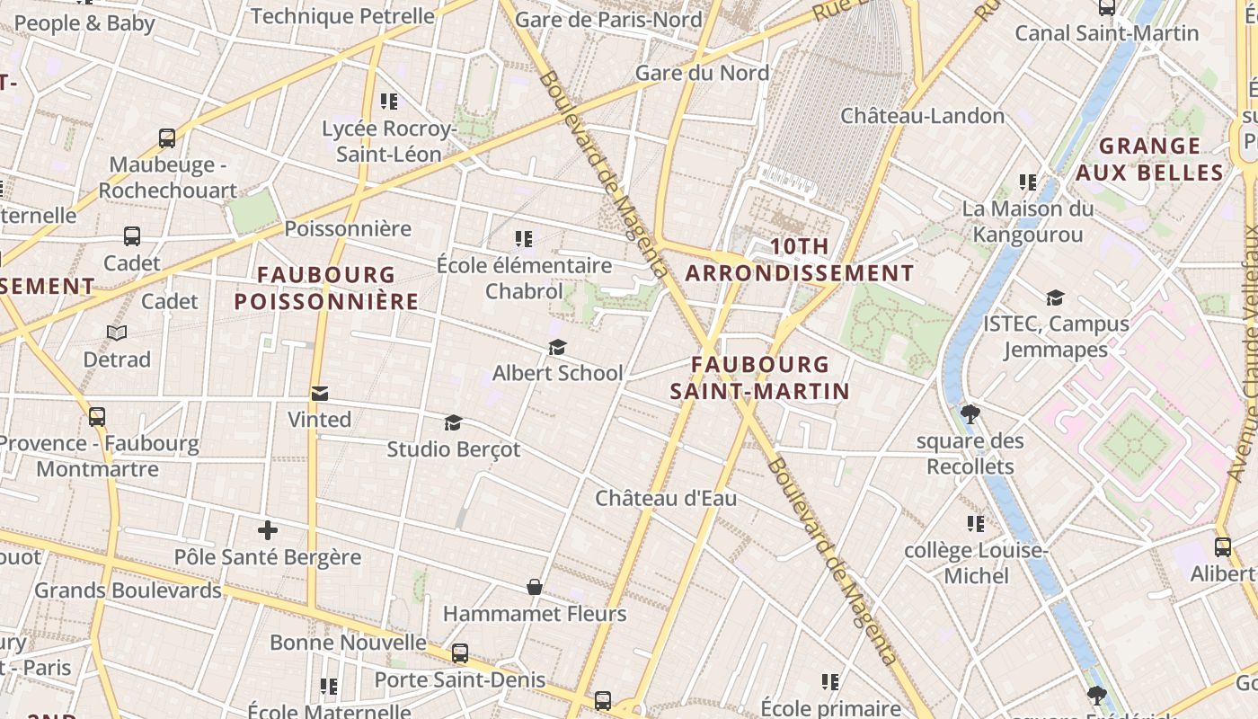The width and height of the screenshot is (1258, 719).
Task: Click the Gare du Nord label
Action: pos(702,73)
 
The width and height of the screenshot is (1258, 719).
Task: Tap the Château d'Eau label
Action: pos(666,497)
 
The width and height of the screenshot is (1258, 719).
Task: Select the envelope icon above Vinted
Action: pos(319,394)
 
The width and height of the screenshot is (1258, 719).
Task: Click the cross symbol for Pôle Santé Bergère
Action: pos(267,530)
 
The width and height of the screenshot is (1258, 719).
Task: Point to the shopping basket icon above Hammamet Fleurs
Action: pos(535,587)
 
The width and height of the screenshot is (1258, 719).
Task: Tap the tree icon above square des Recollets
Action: pos(970,414)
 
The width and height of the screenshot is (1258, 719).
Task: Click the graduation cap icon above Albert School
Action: pos(557,347)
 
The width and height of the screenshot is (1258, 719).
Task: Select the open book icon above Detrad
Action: pos(117,333)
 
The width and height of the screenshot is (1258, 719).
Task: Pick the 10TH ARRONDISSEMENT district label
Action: pos(800,260)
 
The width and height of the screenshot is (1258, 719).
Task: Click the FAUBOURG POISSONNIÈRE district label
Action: pos(326,288)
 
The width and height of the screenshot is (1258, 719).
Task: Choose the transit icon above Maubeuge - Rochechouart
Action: pos(167,138)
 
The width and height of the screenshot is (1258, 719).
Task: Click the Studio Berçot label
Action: pos(453,448)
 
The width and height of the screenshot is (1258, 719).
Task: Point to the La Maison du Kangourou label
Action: pos(1028,221)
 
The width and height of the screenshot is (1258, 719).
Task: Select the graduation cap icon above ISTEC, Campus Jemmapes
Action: pos(1055,297)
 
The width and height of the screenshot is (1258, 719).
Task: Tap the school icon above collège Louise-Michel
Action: pos(976,523)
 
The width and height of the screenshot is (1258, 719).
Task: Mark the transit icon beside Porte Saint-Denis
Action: pos(460,653)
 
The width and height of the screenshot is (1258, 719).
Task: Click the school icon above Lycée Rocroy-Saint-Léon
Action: pos(389,102)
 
